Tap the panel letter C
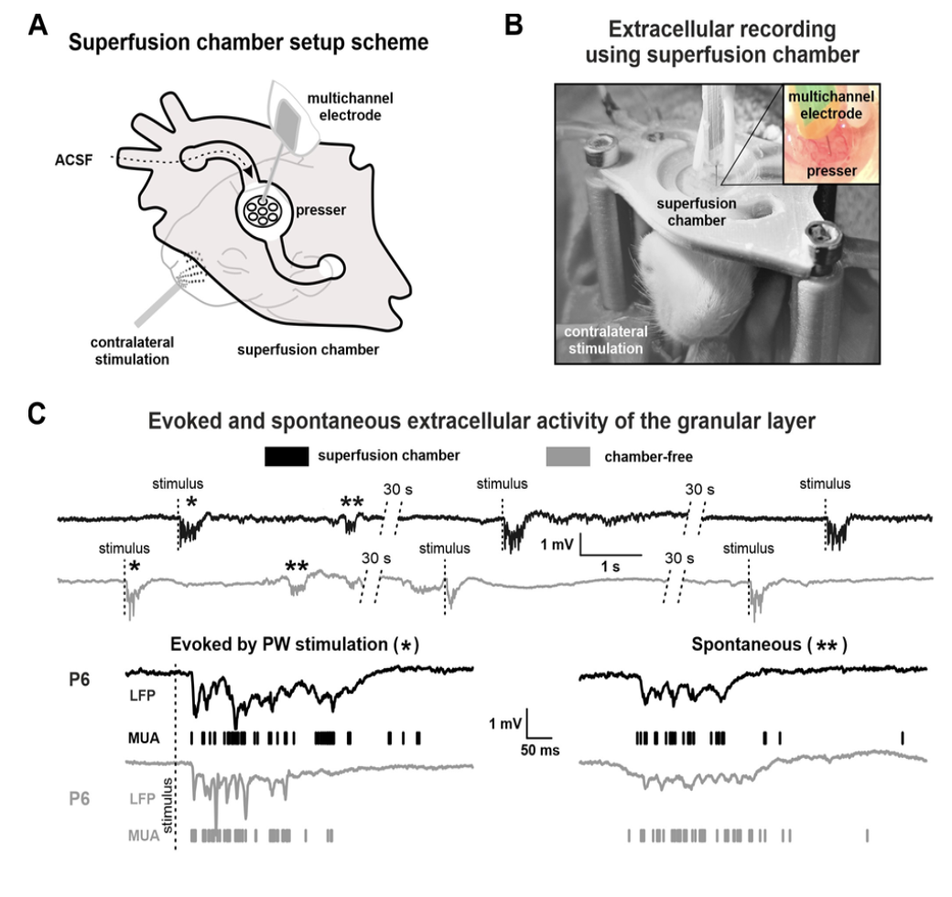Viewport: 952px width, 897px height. (38, 414)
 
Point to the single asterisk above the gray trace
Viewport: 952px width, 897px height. (135, 567)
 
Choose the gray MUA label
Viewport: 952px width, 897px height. (141, 835)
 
